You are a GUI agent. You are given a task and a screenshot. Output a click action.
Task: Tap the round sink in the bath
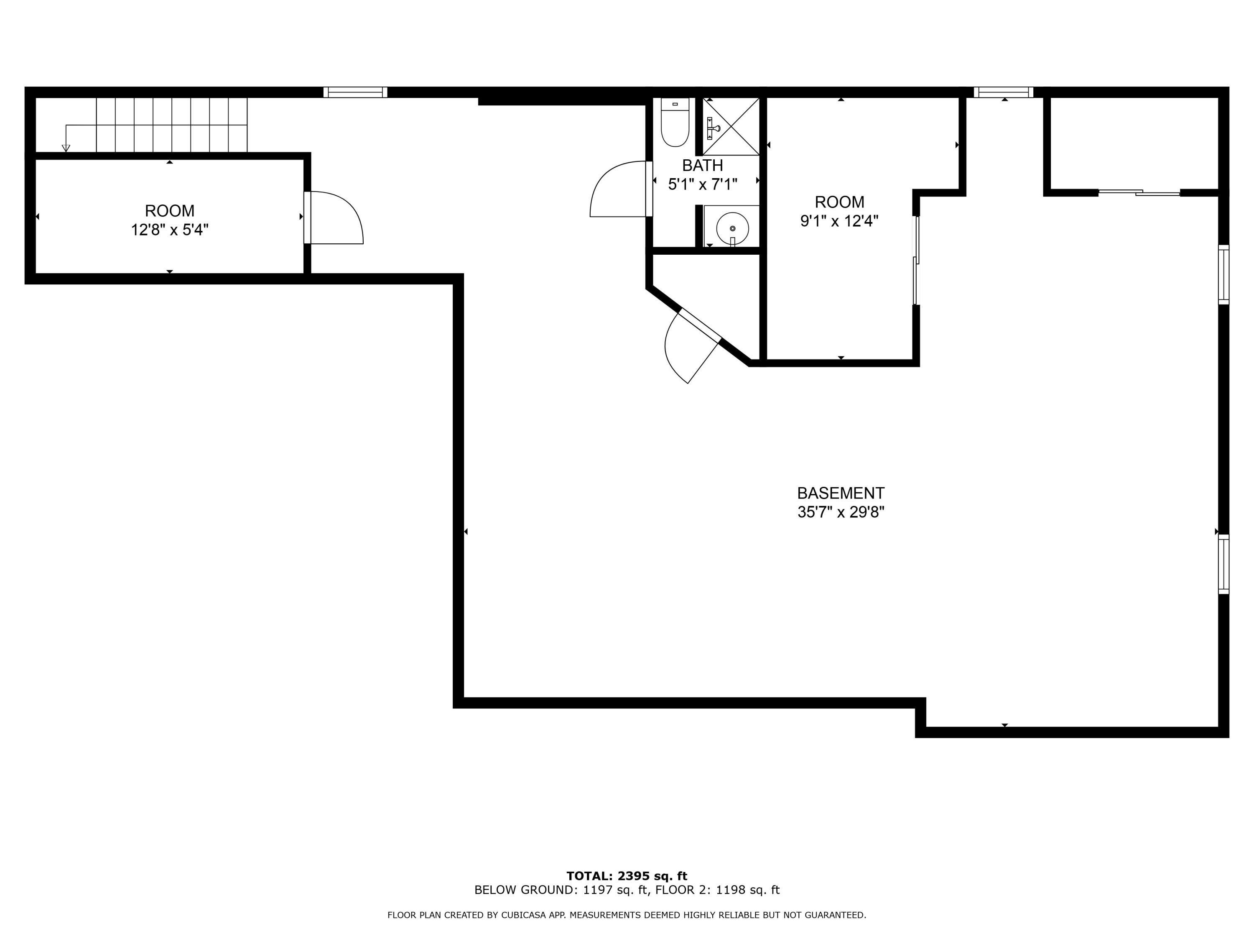point(732,228)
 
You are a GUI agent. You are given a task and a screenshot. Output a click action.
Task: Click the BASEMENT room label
point(840,493)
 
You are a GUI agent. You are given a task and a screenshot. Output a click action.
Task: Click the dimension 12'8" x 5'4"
point(170,230)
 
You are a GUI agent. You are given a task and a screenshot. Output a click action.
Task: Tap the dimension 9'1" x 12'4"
point(839,221)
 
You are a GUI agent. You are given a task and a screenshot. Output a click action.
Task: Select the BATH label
point(702,165)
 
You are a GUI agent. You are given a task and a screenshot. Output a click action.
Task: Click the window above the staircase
point(355,92)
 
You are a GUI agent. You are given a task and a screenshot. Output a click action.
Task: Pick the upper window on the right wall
point(1224,274)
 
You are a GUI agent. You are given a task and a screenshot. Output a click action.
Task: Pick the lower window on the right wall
point(1224,564)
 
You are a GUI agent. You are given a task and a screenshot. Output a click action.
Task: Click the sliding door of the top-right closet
point(1139,193)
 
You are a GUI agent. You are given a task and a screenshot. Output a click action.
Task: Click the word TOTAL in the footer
point(589,876)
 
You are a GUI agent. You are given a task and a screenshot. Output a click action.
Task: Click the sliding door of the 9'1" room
point(915,261)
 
